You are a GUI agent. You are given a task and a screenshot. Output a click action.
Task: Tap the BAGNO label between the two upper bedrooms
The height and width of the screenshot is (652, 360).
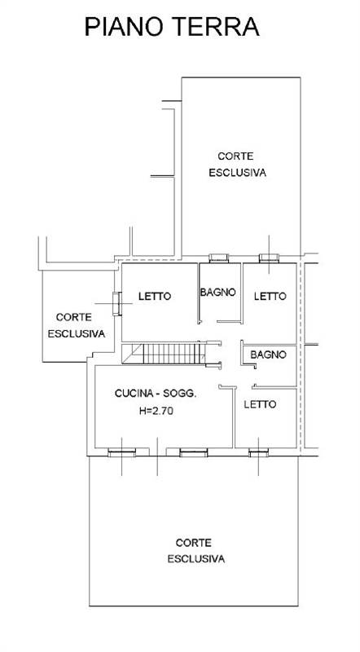(x=217, y=292)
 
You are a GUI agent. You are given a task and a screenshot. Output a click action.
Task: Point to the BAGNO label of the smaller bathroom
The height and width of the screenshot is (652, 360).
(x=268, y=355)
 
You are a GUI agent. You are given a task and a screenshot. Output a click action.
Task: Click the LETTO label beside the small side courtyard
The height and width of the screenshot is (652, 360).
(x=154, y=297)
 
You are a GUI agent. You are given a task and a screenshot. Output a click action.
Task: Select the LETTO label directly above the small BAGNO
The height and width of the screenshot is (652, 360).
(x=268, y=297)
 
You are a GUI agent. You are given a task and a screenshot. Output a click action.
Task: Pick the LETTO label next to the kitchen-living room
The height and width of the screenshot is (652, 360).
(x=260, y=404)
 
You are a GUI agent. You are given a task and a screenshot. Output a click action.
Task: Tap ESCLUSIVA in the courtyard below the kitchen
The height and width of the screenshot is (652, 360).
(x=196, y=559)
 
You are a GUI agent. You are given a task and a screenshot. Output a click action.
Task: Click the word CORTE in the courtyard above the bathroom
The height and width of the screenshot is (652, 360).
(x=236, y=156)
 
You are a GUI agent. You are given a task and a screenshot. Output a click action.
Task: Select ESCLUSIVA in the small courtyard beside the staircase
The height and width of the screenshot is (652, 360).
(x=75, y=333)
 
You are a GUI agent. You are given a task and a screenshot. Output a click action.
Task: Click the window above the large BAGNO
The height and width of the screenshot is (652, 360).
(x=218, y=258)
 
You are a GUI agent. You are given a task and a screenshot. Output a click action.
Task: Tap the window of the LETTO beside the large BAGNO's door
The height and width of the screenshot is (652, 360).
(x=268, y=258)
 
